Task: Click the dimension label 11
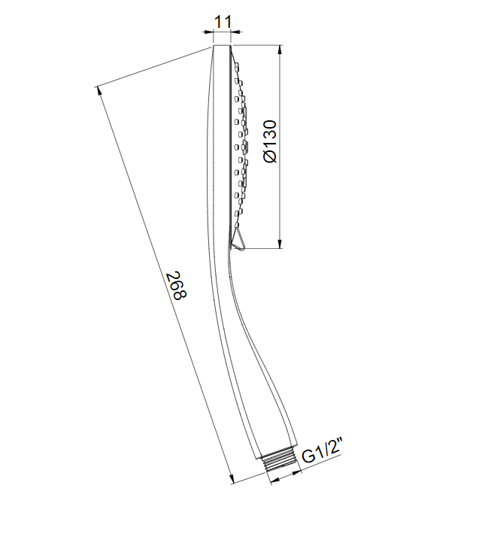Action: [x=223, y=22]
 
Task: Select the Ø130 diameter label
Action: [x=271, y=142]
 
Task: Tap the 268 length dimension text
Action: [x=176, y=285]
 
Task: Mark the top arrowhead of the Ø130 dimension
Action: [x=280, y=50]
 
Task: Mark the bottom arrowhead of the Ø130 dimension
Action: [x=280, y=244]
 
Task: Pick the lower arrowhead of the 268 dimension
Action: [x=232, y=479]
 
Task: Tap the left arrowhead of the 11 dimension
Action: [x=208, y=32]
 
